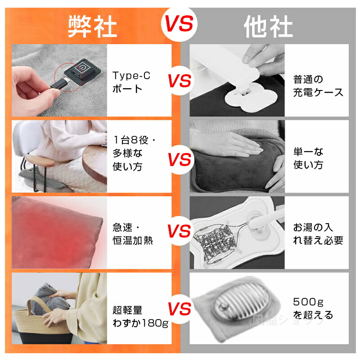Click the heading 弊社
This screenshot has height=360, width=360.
click(93, 27)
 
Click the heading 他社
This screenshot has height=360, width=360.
click(268, 27)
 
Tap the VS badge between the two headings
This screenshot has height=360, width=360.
click(179, 24)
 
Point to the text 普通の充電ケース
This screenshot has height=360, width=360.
click(318, 86)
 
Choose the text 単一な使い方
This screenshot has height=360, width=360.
click(308, 158)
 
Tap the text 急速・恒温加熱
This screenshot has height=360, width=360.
click(133, 234)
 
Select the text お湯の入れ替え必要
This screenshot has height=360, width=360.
click(318, 234)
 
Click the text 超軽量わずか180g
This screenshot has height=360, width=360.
click(140, 317)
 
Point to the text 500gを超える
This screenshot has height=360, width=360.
click(313, 308)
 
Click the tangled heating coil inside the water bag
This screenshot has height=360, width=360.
click(216, 242)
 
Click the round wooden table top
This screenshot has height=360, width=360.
click(94, 163)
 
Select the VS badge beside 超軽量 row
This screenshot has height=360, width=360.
click(179, 309)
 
